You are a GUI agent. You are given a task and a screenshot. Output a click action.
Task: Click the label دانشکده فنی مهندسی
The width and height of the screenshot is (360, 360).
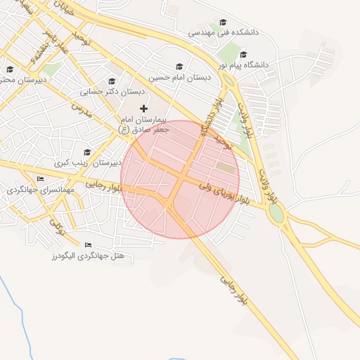point(224,32)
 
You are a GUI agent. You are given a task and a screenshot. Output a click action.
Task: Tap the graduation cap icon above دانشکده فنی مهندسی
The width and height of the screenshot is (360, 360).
point(224,22)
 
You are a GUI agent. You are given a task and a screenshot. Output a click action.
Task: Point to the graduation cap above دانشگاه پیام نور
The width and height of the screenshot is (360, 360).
point(243,55)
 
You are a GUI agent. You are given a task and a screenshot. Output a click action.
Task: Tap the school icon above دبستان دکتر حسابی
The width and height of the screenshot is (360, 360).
point(112,82)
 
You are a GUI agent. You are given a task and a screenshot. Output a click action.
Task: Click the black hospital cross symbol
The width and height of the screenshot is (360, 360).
point(144,108)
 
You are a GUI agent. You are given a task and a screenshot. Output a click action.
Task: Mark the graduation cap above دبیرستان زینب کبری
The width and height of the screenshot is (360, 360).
point(87,152)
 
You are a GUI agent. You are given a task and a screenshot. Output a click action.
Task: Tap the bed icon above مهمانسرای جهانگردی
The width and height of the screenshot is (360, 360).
point(39,179)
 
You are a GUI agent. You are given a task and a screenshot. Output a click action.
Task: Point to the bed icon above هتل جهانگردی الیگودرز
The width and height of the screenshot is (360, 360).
point(87,245)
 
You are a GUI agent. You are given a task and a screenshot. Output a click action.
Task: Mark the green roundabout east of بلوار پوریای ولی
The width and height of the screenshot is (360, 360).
point(276,213)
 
